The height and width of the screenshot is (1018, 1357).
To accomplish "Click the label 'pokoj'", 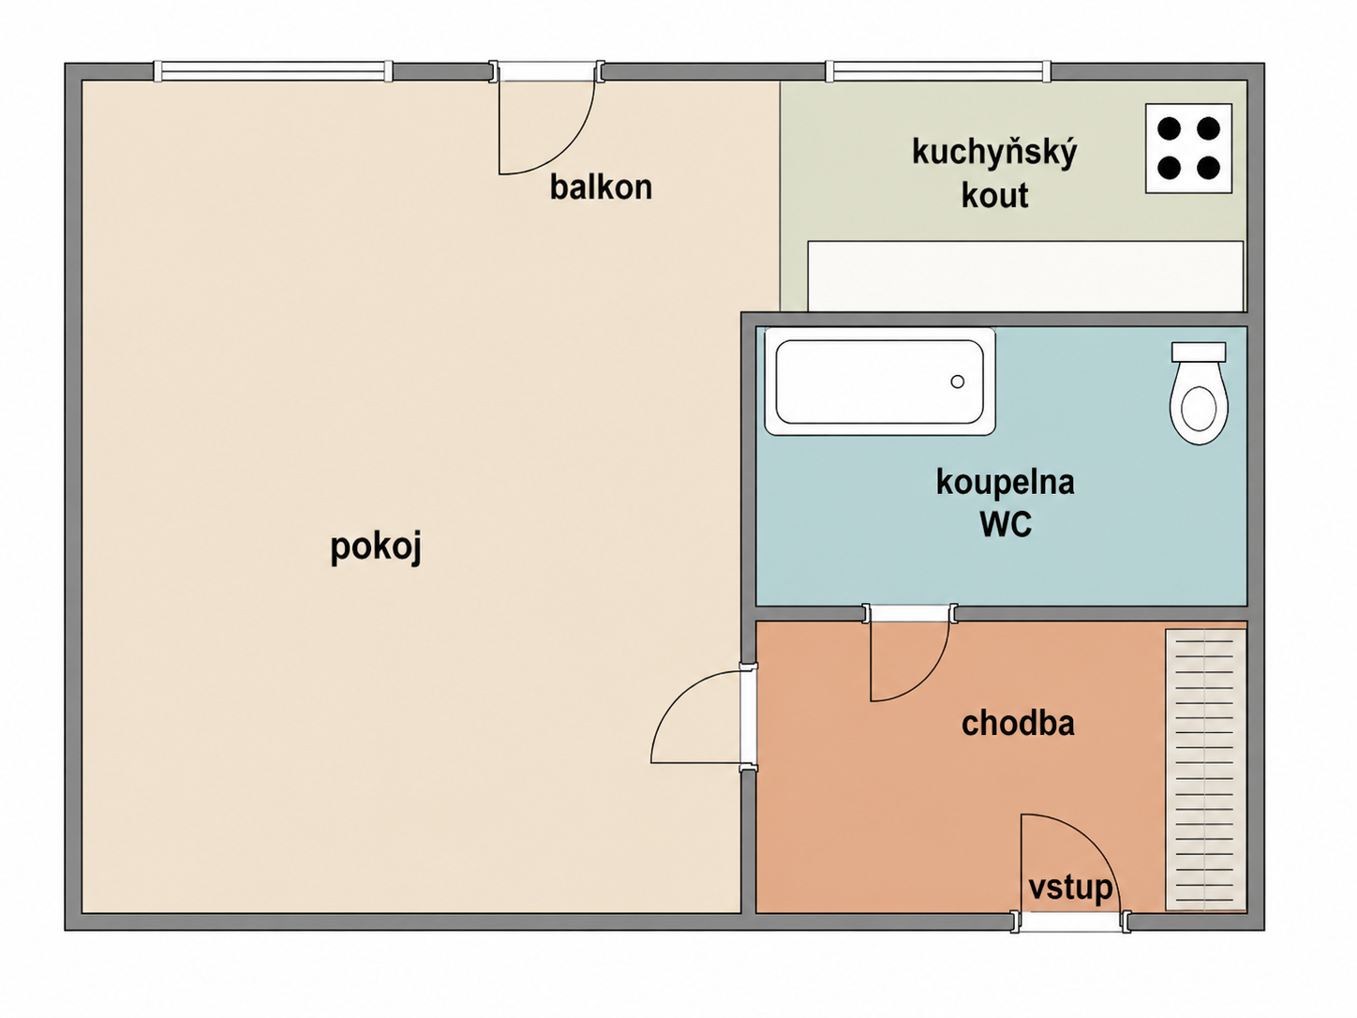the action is [376, 547].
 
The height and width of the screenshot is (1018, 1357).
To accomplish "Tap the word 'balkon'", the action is [601, 187].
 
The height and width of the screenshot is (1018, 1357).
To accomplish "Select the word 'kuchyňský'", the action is [994, 153].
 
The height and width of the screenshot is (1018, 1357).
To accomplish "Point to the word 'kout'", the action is [994, 195].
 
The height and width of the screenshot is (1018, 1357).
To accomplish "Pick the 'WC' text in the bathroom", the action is [1006, 524].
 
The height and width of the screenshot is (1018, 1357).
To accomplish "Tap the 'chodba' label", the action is [1018, 723].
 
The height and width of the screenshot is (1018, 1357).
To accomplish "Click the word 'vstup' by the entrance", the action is [1070, 889].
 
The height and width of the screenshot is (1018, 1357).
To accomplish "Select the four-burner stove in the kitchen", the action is [1188, 148].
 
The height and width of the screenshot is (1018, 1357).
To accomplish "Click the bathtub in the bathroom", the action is [880, 382].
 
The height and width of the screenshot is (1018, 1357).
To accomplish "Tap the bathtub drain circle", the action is [958, 382].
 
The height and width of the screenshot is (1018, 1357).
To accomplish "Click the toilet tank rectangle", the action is [1199, 352].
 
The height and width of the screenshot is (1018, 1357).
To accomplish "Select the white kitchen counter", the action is [1025, 277].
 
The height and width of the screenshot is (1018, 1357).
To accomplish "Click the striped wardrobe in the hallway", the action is [1205, 771].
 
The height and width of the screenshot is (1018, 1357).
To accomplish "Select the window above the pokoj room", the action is [274, 71].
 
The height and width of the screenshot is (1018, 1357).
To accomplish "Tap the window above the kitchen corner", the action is [938, 71].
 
